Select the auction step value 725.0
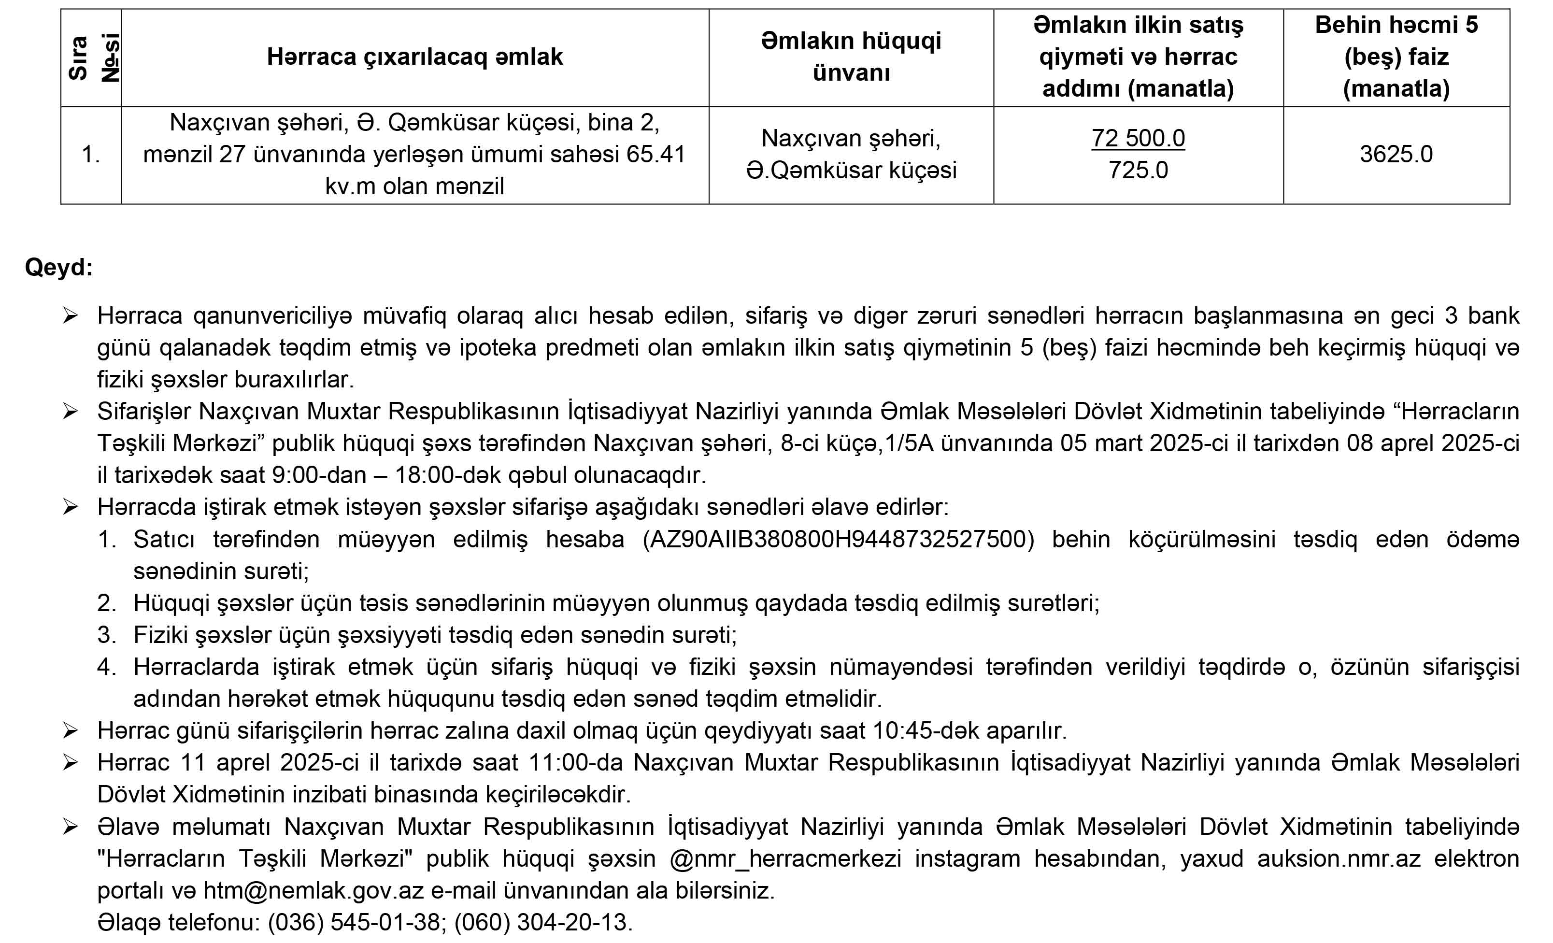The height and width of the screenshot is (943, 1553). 1138,170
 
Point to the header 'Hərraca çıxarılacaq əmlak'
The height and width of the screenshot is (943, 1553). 415,57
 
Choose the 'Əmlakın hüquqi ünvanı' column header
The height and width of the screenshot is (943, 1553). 851,57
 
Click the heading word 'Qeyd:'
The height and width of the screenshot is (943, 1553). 58,267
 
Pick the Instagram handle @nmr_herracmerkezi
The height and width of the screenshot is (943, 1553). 785,859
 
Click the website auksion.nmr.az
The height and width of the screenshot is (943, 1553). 1339,859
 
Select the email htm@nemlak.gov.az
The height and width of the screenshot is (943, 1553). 313,891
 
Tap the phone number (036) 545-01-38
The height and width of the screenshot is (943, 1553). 354,923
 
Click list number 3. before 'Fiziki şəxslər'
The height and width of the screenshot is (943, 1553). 107,635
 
